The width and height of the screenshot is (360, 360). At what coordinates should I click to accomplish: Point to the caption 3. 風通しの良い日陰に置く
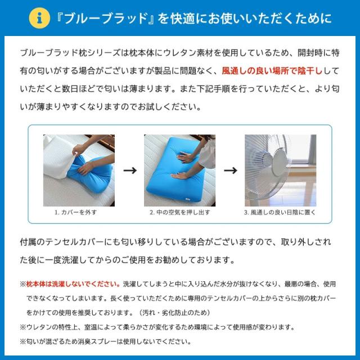(280, 213)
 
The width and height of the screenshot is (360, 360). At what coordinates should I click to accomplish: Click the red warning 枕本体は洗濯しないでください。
(73, 284)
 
